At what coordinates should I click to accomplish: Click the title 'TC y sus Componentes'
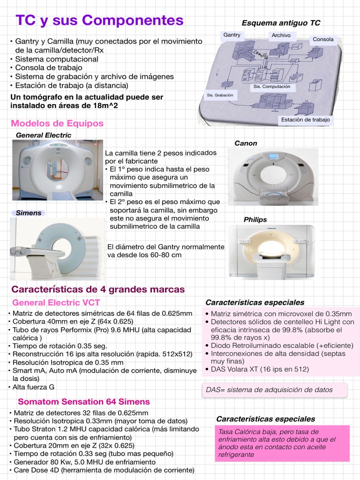(x=99, y=20)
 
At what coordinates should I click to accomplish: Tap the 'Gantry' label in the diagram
(x=232, y=35)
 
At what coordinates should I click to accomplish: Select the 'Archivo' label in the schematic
(x=281, y=35)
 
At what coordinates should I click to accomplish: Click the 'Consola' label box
(x=323, y=39)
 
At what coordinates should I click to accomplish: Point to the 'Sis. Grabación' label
(x=220, y=95)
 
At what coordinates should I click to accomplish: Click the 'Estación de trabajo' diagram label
(x=305, y=120)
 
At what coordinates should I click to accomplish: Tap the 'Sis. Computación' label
(x=272, y=87)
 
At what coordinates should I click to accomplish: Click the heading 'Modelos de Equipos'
(x=57, y=123)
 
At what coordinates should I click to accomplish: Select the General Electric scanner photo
(x=58, y=170)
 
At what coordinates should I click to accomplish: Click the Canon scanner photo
(x=273, y=177)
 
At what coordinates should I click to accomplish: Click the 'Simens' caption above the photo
(x=29, y=213)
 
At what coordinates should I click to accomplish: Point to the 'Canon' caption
(x=246, y=143)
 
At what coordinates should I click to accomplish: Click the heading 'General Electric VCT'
(x=56, y=302)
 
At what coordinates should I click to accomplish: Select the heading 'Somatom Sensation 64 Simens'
(x=84, y=402)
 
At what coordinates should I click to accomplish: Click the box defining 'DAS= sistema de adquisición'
(x=275, y=390)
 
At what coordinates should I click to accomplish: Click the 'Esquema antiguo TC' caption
(x=281, y=23)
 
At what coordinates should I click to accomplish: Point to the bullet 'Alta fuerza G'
(x=33, y=387)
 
